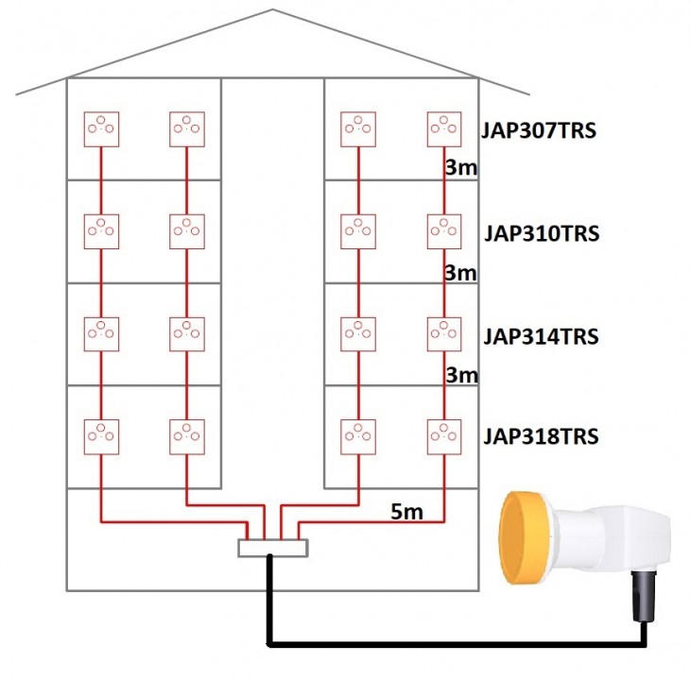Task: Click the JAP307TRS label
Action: click(x=540, y=130)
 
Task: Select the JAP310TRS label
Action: click(x=543, y=233)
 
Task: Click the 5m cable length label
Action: click(x=406, y=513)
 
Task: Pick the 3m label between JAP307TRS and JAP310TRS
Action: click(x=460, y=169)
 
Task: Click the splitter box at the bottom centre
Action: click(x=273, y=548)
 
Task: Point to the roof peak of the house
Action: click(x=273, y=10)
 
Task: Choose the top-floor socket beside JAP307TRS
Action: click(x=444, y=128)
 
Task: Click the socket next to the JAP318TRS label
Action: click(x=444, y=435)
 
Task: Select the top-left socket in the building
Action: click(x=100, y=128)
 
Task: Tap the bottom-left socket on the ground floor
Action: click(x=100, y=435)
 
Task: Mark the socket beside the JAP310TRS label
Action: click(x=444, y=231)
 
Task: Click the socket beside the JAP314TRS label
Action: click(x=444, y=333)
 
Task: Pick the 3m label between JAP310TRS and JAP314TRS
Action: click(x=460, y=273)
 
